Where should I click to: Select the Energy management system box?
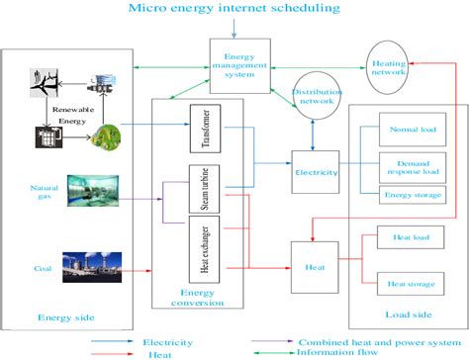point(238,64)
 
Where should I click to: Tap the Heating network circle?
point(387,62)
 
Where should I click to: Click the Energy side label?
point(65,317)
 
